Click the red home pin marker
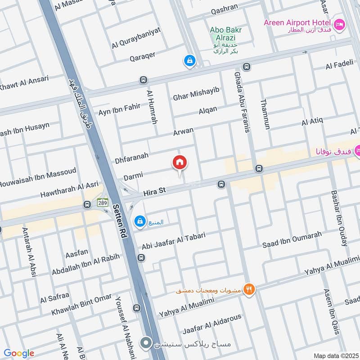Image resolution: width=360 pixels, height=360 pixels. click(180, 162)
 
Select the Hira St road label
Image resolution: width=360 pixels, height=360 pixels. click(155, 192)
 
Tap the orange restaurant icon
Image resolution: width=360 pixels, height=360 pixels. click(248, 289)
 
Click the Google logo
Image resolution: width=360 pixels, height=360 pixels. click(19, 353)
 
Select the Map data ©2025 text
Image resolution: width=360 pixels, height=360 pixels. click(336, 355)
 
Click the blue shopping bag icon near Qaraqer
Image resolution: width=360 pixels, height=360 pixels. click(189, 60)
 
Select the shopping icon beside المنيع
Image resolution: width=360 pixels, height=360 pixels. click(140, 221)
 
